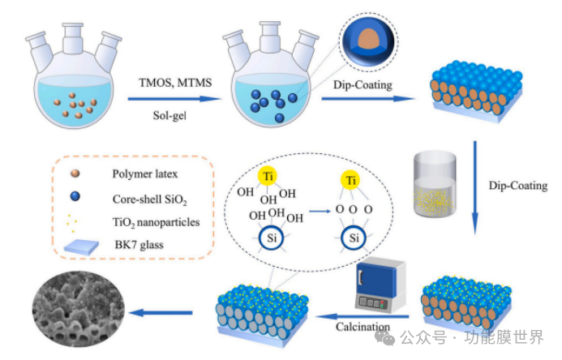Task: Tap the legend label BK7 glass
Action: click(140, 244)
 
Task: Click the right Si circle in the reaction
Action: click(350, 239)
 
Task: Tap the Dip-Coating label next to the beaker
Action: click(519, 186)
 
